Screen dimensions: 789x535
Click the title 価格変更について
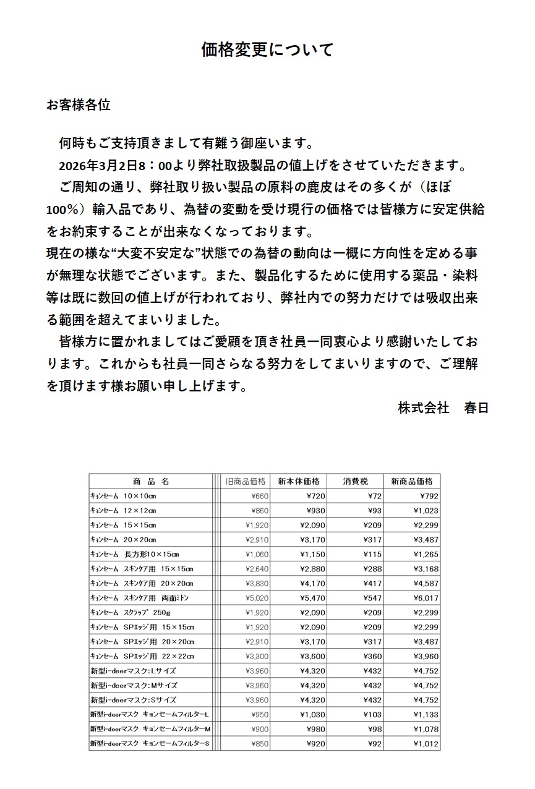click(267, 49)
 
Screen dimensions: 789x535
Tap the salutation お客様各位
click(79, 105)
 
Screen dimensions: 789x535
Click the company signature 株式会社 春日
click(443, 408)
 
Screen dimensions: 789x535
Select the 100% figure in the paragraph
click(61, 209)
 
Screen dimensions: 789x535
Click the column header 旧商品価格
click(246, 481)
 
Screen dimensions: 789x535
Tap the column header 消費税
click(356, 481)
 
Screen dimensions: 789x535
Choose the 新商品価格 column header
click(412, 481)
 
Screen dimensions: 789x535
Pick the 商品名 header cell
click(150, 481)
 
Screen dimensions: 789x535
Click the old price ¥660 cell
click(259, 496)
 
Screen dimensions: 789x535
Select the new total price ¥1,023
click(426, 511)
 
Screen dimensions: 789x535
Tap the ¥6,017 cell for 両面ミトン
click(426, 598)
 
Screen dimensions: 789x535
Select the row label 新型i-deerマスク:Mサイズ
click(134, 685)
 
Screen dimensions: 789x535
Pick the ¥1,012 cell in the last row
click(426, 743)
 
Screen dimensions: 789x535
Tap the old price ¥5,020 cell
click(257, 598)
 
